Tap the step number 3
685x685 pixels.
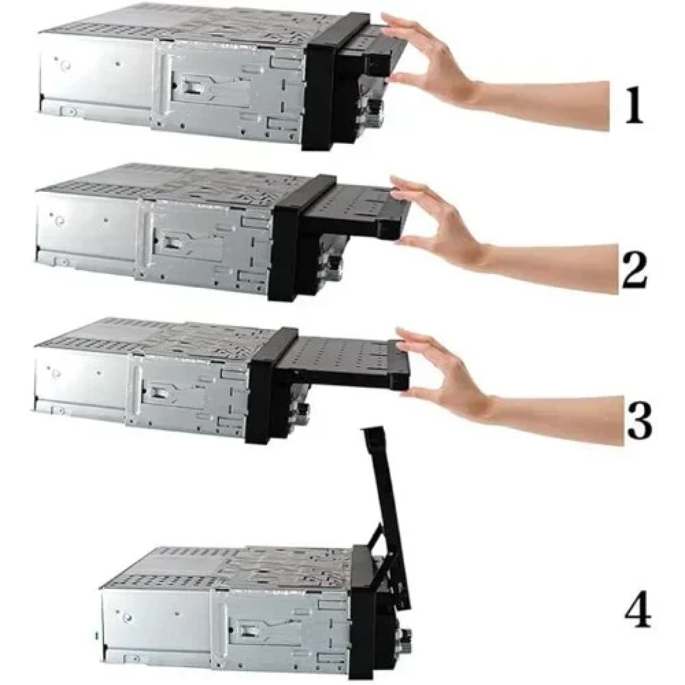click(639, 421)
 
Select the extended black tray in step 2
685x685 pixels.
click(356, 212)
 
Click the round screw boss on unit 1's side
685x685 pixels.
click(65, 66)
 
